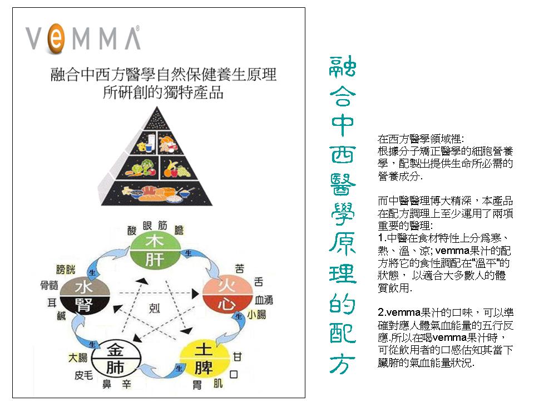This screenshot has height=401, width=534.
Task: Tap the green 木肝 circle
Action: [x=155, y=251]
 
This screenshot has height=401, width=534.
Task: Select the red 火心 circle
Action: [x=224, y=296]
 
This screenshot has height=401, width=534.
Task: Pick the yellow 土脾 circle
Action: [x=203, y=359]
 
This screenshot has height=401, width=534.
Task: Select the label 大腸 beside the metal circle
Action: [x=78, y=357]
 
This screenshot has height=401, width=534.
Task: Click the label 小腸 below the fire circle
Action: [x=257, y=315]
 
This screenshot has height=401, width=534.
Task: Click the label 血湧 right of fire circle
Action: [x=263, y=299]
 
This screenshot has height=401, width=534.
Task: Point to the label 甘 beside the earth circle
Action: [x=238, y=356]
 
